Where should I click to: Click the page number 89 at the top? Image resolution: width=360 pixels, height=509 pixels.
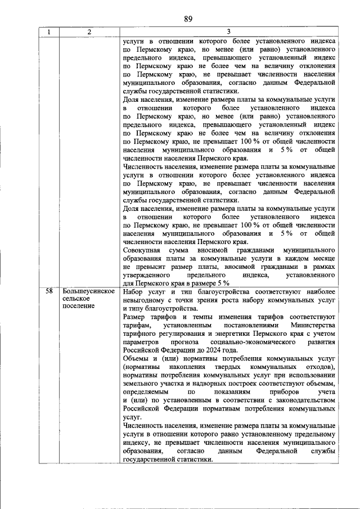[x=188, y=19]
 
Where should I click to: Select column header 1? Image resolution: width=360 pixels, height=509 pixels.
[x=48, y=32]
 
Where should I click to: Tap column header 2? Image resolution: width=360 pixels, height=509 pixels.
[x=89, y=32]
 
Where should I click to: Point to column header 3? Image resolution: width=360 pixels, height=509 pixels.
[x=228, y=32]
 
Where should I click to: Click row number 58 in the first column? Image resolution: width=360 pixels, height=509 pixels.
[x=49, y=291]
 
